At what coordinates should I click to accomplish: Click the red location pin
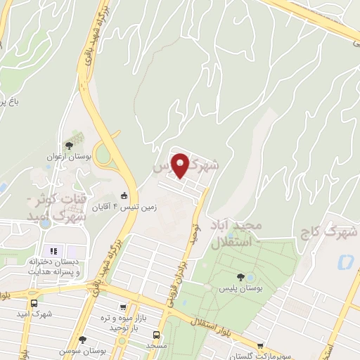click(181, 165)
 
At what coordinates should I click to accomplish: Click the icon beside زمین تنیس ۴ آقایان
click(124, 195)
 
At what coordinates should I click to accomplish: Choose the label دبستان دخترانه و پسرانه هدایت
click(53, 266)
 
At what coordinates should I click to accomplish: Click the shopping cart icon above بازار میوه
click(124, 307)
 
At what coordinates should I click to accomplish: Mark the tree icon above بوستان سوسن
click(82, 339)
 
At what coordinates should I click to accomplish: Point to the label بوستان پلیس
click(239, 289)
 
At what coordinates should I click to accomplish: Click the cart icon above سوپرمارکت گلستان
click(261, 346)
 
